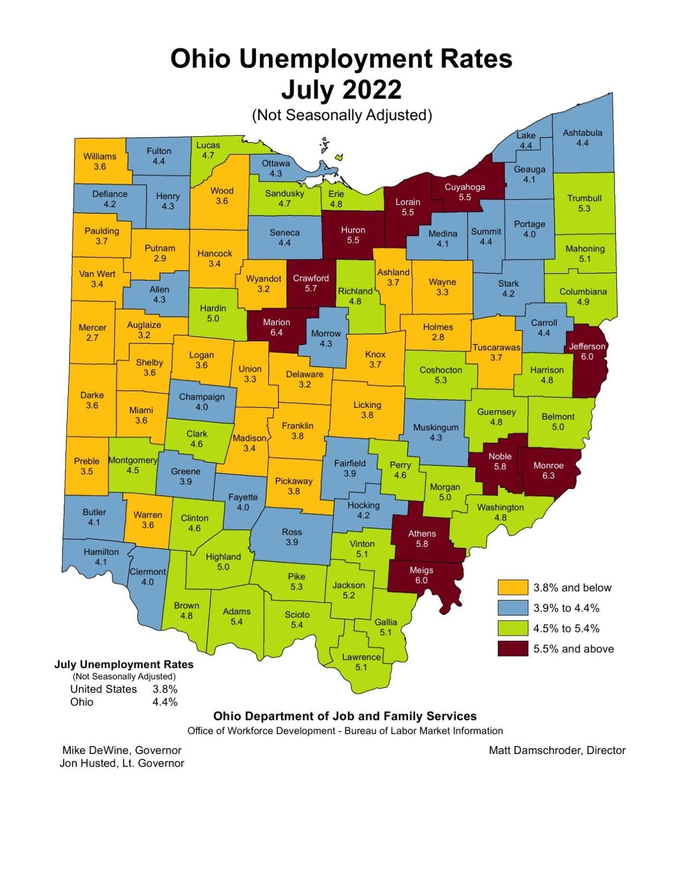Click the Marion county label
click(276, 322)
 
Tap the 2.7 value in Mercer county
click(92, 338)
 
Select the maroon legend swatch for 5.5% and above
click(512, 649)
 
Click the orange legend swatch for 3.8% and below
click(512, 588)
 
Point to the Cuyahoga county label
click(464, 187)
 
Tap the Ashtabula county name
click(582, 133)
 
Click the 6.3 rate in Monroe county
click(548, 476)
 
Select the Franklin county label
click(297, 426)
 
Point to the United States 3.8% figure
click(165, 689)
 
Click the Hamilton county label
click(101, 552)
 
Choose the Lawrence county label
click(361, 657)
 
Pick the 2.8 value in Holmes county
click(438, 338)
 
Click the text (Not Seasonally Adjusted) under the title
click(342, 115)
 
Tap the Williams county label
click(99, 156)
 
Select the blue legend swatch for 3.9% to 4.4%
click(512, 608)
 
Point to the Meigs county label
click(421, 570)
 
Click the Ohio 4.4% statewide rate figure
click(165, 702)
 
